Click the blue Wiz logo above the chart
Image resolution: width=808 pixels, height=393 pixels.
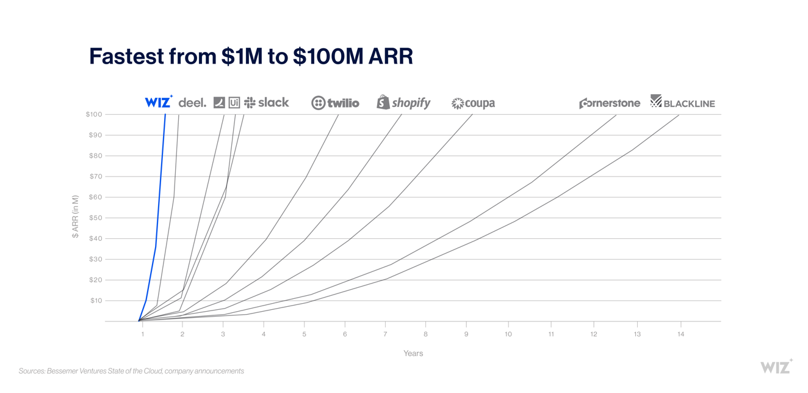[x=158, y=102]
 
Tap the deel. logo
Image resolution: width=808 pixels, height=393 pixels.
[x=192, y=103]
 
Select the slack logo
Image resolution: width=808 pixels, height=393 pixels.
[x=267, y=103]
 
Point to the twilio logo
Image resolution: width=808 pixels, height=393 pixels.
[x=335, y=103]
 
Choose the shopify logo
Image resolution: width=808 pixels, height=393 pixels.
[x=403, y=103]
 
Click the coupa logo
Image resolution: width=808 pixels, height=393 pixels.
[x=473, y=103]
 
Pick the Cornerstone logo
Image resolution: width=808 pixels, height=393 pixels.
[x=609, y=103]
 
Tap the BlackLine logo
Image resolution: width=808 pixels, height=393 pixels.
[x=682, y=102]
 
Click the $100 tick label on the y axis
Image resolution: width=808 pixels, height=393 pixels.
[x=94, y=114]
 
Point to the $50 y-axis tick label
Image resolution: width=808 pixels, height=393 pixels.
[x=95, y=218]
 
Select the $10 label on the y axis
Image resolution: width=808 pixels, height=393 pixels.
[x=96, y=301]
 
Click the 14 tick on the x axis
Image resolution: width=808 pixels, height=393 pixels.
[x=680, y=334]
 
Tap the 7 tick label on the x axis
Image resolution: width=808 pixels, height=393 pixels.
[x=385, y=334]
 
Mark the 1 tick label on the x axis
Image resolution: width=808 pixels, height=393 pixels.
[x=143, y=334]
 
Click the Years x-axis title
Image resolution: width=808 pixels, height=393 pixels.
[x=413, y=353]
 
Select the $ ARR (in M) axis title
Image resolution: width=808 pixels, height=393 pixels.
[x=76, y=216]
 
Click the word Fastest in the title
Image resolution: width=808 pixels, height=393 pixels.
[x=126, y=56]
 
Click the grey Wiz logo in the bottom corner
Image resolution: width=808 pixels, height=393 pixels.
[x=776, y=366]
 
